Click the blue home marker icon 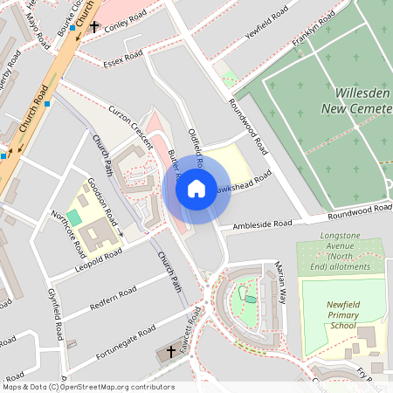(x=196, y=189)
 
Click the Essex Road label (x=122, y=60)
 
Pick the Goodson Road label (x=105, y=199)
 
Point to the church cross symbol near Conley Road (x=94, y=26)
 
